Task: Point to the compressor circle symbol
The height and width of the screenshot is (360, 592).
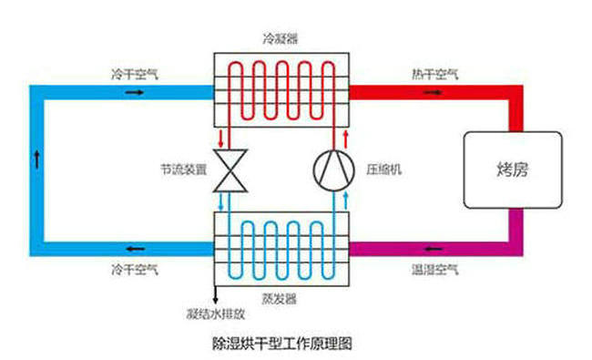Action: [x=332, y=169]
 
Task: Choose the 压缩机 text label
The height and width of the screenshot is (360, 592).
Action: [x=383, y=170]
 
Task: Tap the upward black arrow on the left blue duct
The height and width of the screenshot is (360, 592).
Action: [x=37, y=154]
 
